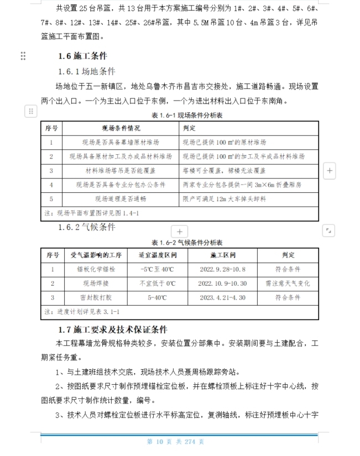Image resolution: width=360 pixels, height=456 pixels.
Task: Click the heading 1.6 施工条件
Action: [x=82, y=56]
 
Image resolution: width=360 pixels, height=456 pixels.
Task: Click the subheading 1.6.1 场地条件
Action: [x=87, y=71]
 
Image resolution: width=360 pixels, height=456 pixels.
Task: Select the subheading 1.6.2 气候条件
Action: [x=87, y=227]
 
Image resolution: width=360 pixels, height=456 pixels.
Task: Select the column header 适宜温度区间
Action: [x=158, y=255]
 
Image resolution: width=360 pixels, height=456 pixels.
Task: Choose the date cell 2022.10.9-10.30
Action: [x=223, y=284]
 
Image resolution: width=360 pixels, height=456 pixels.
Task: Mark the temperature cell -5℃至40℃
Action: [x=158, y=269]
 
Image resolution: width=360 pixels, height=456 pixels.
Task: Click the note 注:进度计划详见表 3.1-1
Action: [x=81, y=312]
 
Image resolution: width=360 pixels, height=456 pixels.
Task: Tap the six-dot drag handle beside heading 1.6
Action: [x=23, y=56]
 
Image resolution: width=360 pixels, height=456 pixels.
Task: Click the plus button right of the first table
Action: [x=329, y=171]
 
